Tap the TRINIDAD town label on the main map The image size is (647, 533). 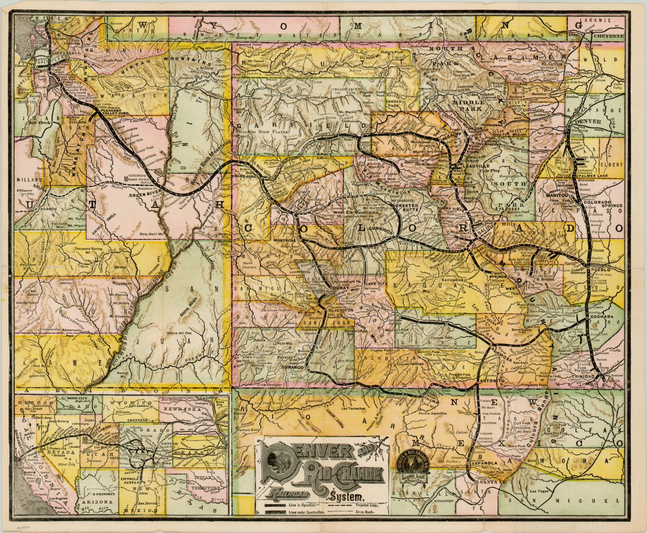(x=594, y=376)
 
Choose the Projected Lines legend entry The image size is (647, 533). (x=367, y=505)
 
